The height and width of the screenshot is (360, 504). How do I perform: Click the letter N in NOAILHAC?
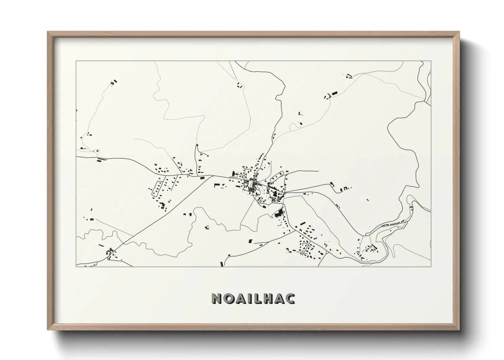[x=217, y=298]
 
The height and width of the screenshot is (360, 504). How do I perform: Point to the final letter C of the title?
[x=290, y=298]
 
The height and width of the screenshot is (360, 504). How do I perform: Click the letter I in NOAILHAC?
[x=249, y=298]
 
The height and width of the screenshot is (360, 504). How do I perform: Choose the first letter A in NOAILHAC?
[x=241, y=298]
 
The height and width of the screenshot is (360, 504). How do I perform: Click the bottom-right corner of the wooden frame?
[x=459, y=330]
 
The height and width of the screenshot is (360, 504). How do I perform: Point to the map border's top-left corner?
[x=76, y=61]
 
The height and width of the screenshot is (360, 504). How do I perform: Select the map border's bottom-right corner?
[x=431, y=266]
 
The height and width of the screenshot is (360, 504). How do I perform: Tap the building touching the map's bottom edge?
[x=222, y=264]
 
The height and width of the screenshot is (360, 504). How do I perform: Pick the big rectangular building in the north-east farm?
[x=334, y=93]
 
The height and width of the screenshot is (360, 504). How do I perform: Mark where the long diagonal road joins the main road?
[x=208, y=176]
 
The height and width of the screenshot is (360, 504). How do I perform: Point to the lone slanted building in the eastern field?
[x=367, y=200]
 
